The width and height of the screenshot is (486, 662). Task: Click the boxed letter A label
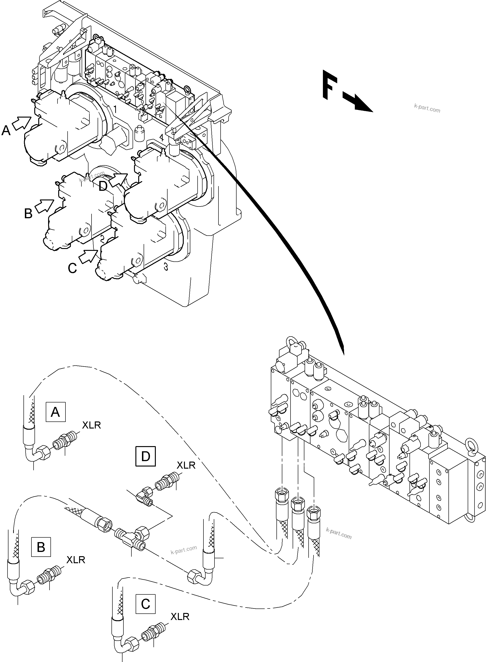[55, 412]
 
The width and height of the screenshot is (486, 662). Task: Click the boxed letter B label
[41, 547]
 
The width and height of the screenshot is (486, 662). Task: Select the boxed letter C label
[145, 604]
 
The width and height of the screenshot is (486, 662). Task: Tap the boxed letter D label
[145, 456]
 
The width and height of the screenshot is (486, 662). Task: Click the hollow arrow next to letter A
[22, 123]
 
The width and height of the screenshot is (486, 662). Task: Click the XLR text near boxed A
[91, 425]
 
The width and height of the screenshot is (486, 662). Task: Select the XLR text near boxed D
[186, 465]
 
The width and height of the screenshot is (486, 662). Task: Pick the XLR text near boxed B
[76, 560]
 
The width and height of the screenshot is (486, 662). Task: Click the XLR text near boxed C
[180, 616]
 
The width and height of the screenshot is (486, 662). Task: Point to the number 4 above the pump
[161, 137]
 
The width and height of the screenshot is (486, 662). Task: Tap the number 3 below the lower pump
[166, 267]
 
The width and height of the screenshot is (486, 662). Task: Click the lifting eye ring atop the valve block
[295, 342]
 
